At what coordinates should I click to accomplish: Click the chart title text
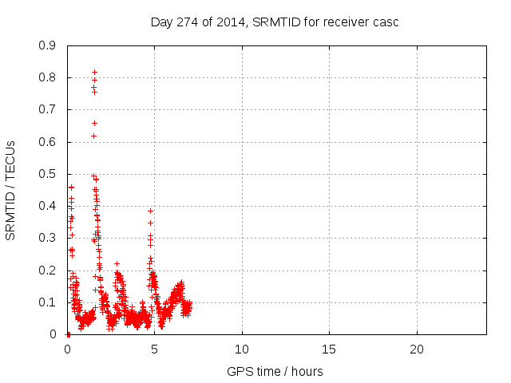(275, 22)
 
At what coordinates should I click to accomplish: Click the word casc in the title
(386, 22)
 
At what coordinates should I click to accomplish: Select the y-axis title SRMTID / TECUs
(11, 190)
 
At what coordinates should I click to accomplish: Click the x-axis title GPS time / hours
(275, 371)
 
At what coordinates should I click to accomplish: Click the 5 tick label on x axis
(155, 349)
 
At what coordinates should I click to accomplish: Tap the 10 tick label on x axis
(242, 349)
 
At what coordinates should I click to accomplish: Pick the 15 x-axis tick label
(329, 349)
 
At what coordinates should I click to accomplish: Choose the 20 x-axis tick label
(416, 349)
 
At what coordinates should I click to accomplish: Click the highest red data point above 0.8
(94, 72)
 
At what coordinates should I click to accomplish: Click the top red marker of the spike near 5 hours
(150, 211)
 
